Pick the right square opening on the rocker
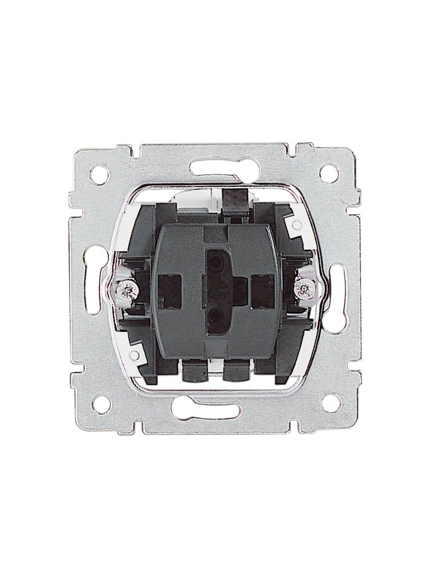click(260, 285)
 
